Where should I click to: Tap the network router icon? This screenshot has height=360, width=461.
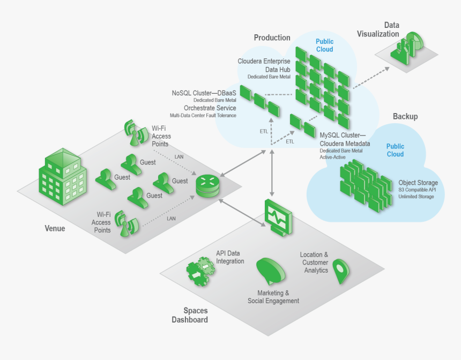pos(208,185)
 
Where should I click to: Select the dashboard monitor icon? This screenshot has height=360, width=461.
pos(278,216)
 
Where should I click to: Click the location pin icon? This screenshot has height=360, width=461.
pos(340,271)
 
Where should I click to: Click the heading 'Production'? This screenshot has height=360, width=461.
pos(272,37)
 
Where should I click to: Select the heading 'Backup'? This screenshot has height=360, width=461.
pos(405,116)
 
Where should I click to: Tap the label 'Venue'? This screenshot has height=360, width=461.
pos(54,228)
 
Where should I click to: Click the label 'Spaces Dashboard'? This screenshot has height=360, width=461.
pos(195,315)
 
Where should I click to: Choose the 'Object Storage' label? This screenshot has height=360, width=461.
pos(418,183)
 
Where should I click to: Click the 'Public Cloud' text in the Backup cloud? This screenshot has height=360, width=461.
pos(395,150)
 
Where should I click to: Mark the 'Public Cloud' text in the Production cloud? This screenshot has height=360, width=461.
pos(324,46)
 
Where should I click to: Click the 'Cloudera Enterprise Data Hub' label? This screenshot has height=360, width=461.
pos(264,65)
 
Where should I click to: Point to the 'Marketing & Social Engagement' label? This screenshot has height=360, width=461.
pos(273,297)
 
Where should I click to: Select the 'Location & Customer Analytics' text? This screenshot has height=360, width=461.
pos(315,262)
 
